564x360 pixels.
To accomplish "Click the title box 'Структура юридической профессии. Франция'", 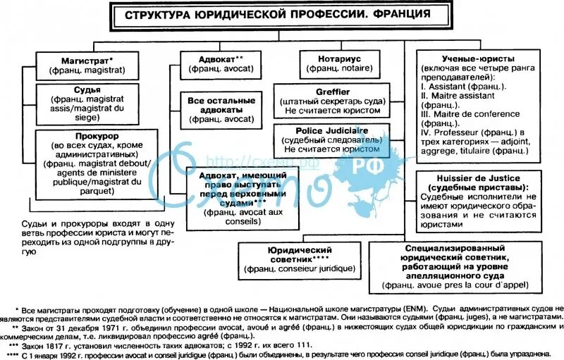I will tap(275, 15).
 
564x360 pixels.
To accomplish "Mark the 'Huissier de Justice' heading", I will tap(473, 178).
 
